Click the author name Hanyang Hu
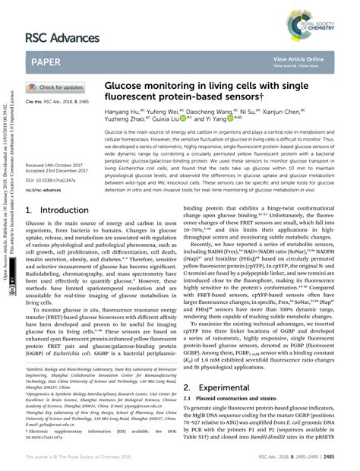coord(124,111)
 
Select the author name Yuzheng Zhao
coord(125,120)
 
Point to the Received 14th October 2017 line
coord(57,165)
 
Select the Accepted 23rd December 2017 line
coord(59,171)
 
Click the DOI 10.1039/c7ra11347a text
coord(56,180)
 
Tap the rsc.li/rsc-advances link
coord(46,190)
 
